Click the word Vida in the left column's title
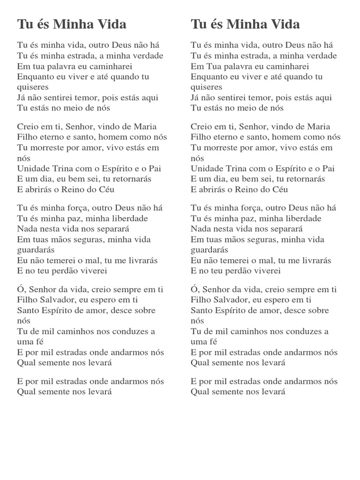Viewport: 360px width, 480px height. point(111,24)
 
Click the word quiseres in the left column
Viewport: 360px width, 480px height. point(33,87)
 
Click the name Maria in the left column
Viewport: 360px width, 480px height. point(147,127)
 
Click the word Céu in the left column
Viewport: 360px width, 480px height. point(105,189)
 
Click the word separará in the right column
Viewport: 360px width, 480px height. point(284,229)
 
